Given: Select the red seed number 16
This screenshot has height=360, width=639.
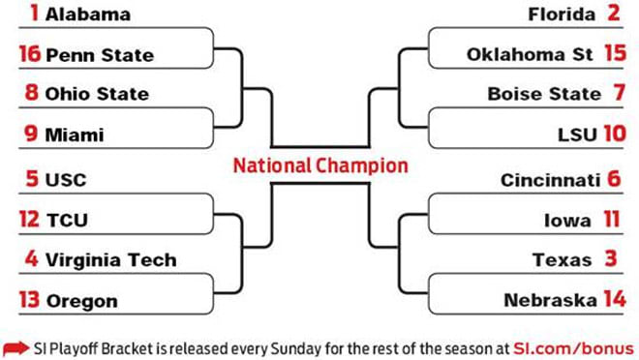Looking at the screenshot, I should tap(29, 55).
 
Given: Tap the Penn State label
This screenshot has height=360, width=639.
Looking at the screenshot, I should tap(100, 55).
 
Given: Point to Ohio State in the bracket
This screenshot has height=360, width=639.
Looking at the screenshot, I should tap(97, 95).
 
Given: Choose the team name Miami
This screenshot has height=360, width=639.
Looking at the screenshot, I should tap(74, 135).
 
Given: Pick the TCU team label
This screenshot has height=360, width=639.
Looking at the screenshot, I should tap(67, 221).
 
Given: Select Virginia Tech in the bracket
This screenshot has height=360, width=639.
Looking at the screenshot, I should tap(111, 259).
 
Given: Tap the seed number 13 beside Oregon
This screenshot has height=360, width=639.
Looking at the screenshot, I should tap(29, 300).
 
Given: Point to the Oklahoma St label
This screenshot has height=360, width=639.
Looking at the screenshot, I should tap(529, 55).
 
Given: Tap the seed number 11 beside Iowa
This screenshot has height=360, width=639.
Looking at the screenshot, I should tap(611, 221).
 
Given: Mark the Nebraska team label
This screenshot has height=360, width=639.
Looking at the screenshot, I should tap(550, 300).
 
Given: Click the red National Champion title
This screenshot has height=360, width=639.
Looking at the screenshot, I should tap(319, 165).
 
